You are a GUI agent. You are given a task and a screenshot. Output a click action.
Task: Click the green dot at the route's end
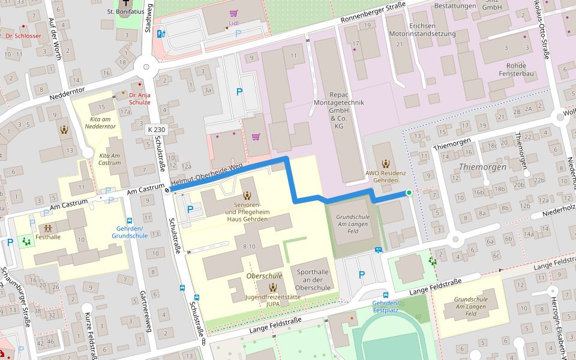(x=409, y=193)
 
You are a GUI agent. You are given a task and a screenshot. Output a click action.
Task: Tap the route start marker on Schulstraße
(x=167, y=190)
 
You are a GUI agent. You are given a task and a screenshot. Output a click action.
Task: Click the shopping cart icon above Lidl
(x=233, y=13)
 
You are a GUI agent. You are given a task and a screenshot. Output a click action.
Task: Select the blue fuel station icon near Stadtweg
(x=160, y=34)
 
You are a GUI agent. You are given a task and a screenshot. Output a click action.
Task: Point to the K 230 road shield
(x=155, y=129)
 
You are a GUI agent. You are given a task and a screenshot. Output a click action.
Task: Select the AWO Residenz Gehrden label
(x=385, y=176)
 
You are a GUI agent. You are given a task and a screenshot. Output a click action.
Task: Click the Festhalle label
(x=48, y=236)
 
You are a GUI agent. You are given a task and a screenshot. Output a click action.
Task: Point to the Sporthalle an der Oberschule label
(x=313, y=280)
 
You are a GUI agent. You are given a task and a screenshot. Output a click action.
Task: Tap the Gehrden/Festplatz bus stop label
(x=385, y=307)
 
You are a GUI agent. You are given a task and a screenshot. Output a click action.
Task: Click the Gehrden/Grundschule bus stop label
(x=130, y=232)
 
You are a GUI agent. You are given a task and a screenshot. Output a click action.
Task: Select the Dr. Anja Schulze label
(x=136, y=98)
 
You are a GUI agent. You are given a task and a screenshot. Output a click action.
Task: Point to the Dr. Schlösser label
(x=23, y=35)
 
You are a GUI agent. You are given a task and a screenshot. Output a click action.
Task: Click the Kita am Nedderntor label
(x=100, y=122)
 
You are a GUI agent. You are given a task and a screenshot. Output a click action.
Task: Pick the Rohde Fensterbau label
(x=512, y=70)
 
